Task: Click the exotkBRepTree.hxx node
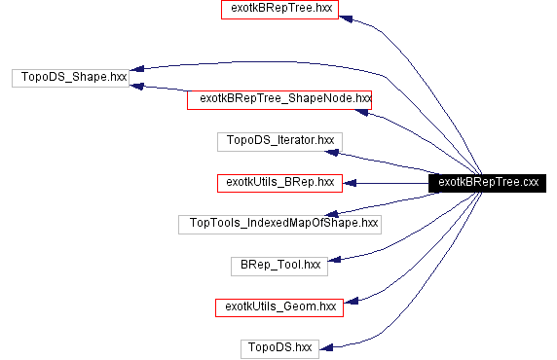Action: click(x=280, y=11)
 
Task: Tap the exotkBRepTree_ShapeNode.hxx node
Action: click(x=279, y=98)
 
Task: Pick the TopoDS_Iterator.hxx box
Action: click(x=279, y=141)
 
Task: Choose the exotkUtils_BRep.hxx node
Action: click(x=279, y=182)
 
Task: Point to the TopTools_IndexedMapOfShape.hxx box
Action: click(x=279, y=224)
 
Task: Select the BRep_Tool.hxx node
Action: click(x=279, y=265)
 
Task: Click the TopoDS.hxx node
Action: click(x=279, y=347)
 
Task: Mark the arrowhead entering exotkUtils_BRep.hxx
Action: click(x=349, y=182)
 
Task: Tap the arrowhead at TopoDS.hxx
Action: click(x=327, y=343)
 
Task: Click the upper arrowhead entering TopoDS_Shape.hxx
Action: click(x=138, y=68)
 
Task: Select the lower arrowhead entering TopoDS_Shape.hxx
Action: click(x=138, y=87)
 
